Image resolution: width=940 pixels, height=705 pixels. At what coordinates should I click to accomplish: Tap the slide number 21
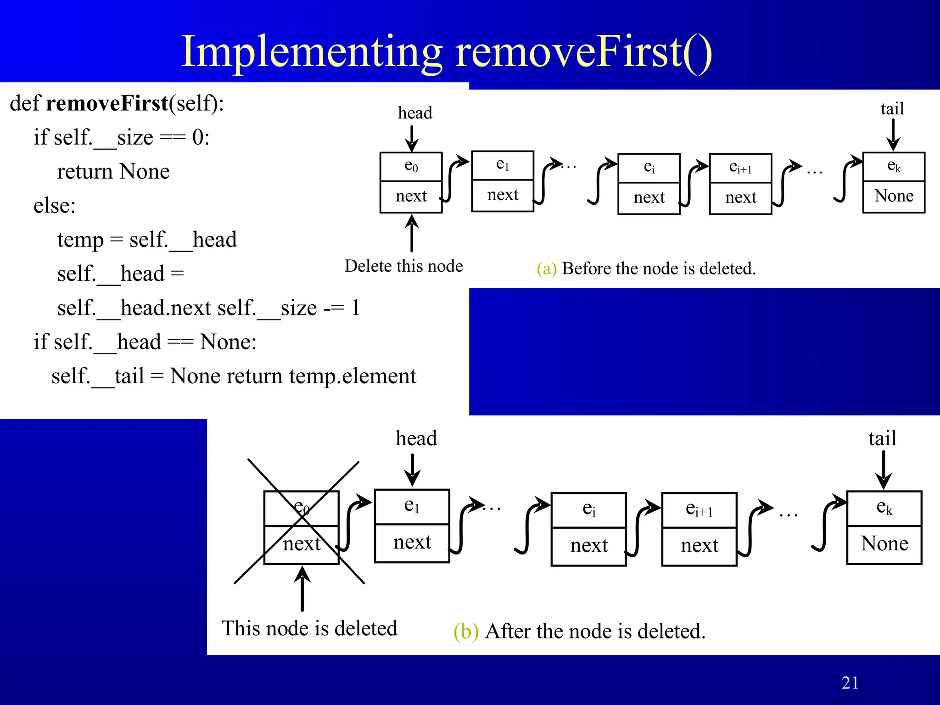point(850,683)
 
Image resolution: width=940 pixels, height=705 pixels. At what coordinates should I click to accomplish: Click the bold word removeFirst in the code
point(107,103)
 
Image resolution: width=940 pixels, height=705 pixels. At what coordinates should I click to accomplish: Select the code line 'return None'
point(113,172)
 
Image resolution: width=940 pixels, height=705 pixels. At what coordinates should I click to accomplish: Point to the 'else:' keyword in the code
point(54,206)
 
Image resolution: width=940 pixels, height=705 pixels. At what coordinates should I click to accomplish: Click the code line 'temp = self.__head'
point(147,240)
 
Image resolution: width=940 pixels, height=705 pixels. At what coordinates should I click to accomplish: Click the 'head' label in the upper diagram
point(415,113)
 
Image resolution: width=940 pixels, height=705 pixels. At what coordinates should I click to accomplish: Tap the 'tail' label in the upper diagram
point(892,109)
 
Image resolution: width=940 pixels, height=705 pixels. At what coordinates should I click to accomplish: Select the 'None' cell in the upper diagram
point(894,196)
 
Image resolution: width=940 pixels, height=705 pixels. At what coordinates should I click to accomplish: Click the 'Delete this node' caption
point(403,266)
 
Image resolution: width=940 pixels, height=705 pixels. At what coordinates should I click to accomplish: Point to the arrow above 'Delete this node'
point(412,233)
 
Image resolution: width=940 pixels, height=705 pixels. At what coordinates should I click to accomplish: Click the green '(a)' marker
point(546,269)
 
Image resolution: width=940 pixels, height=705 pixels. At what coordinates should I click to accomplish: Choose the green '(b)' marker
point(465,632)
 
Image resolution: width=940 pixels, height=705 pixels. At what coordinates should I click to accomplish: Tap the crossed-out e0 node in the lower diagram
point(301,527)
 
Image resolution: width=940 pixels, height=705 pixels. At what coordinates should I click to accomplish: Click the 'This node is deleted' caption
point(309,628)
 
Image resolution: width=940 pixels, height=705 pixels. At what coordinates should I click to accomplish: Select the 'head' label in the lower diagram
point(416,438)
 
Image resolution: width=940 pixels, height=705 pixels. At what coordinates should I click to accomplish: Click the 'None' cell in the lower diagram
point(884,544)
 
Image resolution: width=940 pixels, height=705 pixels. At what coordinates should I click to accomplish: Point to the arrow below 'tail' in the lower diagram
point(883,470)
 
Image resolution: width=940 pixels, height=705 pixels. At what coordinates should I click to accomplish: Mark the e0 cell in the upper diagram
point(411,166)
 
